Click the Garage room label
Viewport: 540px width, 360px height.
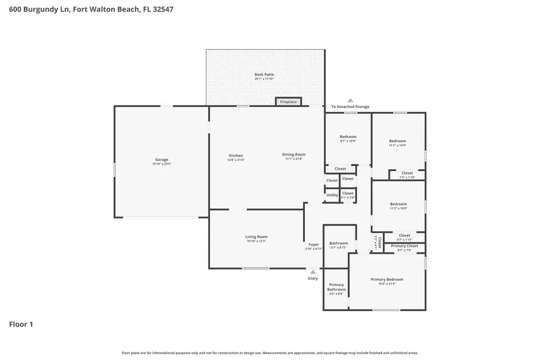(x=161, y=160)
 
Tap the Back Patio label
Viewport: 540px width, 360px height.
(x=264, y=74)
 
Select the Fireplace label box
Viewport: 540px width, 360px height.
(x=288, y=102)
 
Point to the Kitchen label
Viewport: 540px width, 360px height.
(x=235, y=155)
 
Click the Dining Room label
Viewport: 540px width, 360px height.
(x=294, y=154)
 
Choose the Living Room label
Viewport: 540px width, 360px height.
(x=256, y=237)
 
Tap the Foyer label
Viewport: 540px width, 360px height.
(x=314, y=244)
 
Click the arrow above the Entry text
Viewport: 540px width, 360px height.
(x=313, y=272)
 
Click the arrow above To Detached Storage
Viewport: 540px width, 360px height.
(x=350, y=100)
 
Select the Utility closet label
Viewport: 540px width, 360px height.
(x=332, y=195)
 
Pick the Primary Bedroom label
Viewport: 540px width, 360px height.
(x=386, y=280)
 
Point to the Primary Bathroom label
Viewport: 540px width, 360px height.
(x=336, y=287)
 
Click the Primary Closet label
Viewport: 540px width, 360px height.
(x=404, y=246)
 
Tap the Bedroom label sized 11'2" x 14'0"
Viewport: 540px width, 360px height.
(x=397, y=141)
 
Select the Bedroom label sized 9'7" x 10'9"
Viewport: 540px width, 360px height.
(x=348, y=137)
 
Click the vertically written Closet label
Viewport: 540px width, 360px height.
(x=379, y=242)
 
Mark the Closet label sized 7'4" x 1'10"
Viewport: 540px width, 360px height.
(x=407, y=173)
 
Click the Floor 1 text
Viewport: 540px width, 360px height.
(x=21, y=325)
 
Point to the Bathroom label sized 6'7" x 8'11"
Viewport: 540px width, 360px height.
(x=338, y=244)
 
